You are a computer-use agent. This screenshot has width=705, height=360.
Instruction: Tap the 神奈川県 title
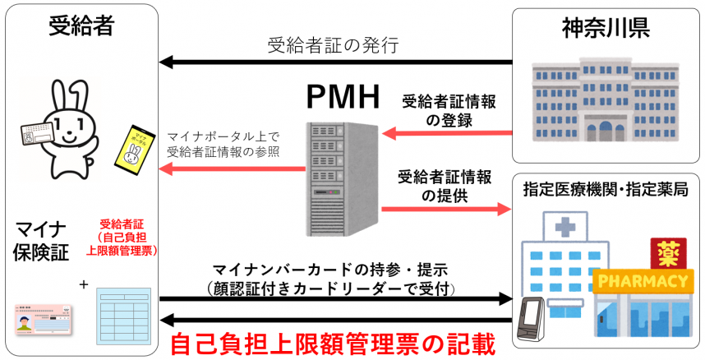coord(606,28)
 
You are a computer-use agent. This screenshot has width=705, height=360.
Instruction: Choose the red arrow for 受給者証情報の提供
coord(445,209)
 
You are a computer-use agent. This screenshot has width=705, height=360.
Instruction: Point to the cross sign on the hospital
coord(565,227)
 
